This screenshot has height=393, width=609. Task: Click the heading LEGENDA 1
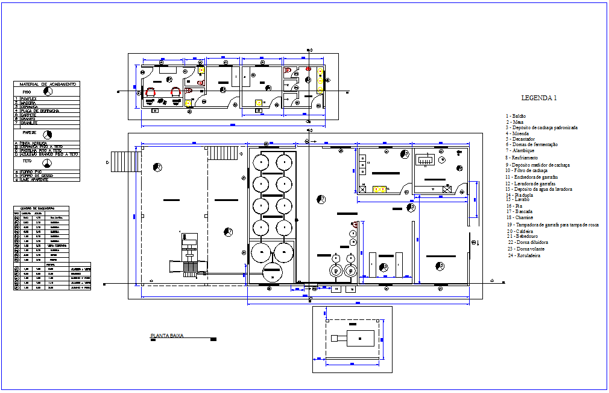[538, 98]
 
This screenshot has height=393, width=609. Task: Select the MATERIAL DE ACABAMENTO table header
[48, 84]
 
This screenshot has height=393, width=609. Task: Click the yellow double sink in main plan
[379, 189]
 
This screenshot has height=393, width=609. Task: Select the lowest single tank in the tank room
[271, 273]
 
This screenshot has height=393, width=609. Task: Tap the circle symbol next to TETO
[48, 164]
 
